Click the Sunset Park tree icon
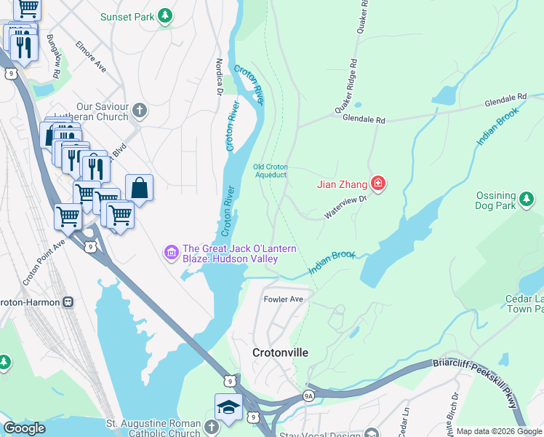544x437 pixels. click(x=166, y=15)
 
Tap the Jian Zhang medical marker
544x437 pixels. click(x=377, y=184)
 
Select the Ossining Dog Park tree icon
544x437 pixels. click(x=527, y=197)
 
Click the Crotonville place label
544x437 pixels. click(x=280, y=353)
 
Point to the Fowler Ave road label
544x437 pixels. click(x=283, y=299)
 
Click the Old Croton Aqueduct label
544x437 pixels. click(x=270, y=170)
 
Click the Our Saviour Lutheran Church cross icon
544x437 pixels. click(x=140, y=111)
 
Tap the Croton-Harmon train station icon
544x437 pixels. click(x=68, y=301)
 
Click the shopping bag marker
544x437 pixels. click(x=139, y=188)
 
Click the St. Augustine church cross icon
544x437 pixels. click(x=212, y=427)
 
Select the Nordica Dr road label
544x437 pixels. click(x=218, y=76)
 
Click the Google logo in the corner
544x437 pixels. click(x=24, y=428)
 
